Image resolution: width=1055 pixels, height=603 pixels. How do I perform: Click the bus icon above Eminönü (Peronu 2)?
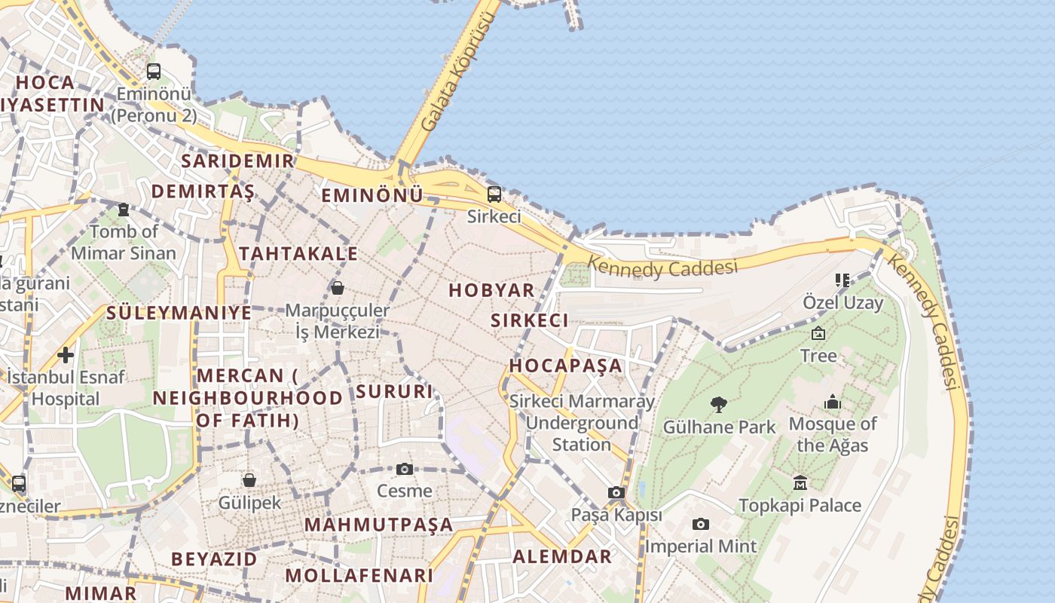(x=154, y=72)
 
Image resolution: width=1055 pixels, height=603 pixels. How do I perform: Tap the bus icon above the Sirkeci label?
(x=494, y=194)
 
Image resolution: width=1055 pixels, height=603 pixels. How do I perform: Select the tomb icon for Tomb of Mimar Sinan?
(x=124, y=209)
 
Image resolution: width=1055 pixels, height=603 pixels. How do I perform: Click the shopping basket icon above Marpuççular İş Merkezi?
(x=337, y=288)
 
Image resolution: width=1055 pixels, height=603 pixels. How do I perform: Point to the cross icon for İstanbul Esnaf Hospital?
(x=66, y=354)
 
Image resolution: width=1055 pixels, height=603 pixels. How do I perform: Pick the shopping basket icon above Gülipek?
(x=249, y=480)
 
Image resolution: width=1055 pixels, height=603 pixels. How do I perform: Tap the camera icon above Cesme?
(x=405, y=469)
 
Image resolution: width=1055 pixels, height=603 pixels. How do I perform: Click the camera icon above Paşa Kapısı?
(x=616, y=493)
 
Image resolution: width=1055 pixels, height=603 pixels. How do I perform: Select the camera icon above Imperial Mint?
(x=701, y=524)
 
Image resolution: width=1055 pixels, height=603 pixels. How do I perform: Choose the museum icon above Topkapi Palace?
(x=800, y=482)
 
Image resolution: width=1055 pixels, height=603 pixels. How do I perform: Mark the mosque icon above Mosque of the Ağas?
(x=833, y=402)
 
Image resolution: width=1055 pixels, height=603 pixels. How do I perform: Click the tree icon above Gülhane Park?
(x=719, y=405)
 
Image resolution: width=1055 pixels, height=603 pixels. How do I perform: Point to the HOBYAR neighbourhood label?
(x=491, y=290)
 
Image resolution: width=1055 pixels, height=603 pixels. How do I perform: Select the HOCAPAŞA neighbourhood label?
(x=566, y=366)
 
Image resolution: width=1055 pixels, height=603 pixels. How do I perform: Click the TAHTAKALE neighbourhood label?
(x=298, y=253)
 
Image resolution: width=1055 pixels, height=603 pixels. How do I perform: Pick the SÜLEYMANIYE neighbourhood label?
(x=179, y=312)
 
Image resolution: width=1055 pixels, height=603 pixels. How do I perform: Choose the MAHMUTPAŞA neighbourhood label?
(x=379, y=525)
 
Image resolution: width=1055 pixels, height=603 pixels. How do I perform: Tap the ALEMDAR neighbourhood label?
(x=562, y=557)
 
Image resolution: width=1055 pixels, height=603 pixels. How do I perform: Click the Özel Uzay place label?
(x=842, y=303)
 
